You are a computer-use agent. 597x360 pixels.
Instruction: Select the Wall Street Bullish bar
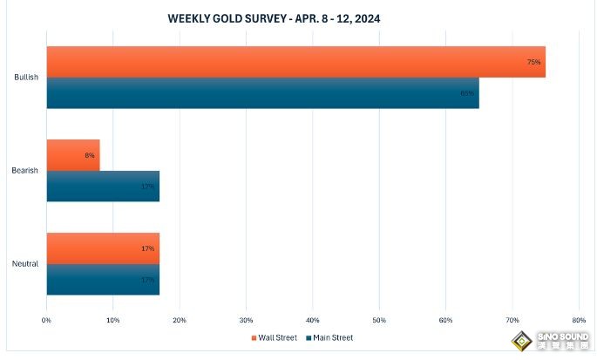point(295,62)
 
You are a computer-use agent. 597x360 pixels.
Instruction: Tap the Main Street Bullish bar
point(262,92)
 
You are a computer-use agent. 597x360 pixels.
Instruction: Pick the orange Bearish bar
point(73,155)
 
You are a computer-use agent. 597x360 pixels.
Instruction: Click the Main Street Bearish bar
point(103,186)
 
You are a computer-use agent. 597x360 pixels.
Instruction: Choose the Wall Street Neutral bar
point(103,248)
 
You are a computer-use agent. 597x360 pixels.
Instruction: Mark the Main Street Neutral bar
point(103,279)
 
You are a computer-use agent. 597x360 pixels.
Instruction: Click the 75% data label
point(533,62)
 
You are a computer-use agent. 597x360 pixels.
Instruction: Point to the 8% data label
point(89,155)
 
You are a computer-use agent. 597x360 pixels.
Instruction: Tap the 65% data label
point(467,93)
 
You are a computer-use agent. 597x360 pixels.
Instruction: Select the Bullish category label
point(26,78)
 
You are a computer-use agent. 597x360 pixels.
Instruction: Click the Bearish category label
point(25,171)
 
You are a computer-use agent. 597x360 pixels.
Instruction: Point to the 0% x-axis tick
point(46,321)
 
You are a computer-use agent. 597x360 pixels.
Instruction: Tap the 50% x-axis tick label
point(379,321)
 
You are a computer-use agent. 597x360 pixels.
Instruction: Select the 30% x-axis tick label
point(246,321)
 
